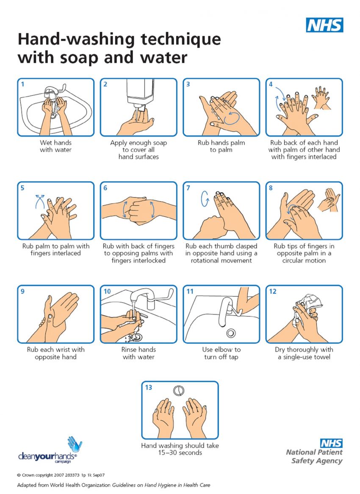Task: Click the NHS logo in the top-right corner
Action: click(x=324, y=25)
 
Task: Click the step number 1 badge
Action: click(x=23, y=84)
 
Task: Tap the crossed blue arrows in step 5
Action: click(x=40, y=201)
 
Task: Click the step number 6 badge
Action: click(x=105, y=188)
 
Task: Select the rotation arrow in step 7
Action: click(x=205, y=199)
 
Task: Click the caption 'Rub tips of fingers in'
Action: click(x=304, y=246)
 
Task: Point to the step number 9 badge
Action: click(x=23, y=291)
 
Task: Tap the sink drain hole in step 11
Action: click(x=231, y=333)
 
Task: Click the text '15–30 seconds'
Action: click(x=180, y=453)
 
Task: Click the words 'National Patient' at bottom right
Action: click(x=314, y=452)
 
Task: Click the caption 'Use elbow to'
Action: click(x=221, y=350)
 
